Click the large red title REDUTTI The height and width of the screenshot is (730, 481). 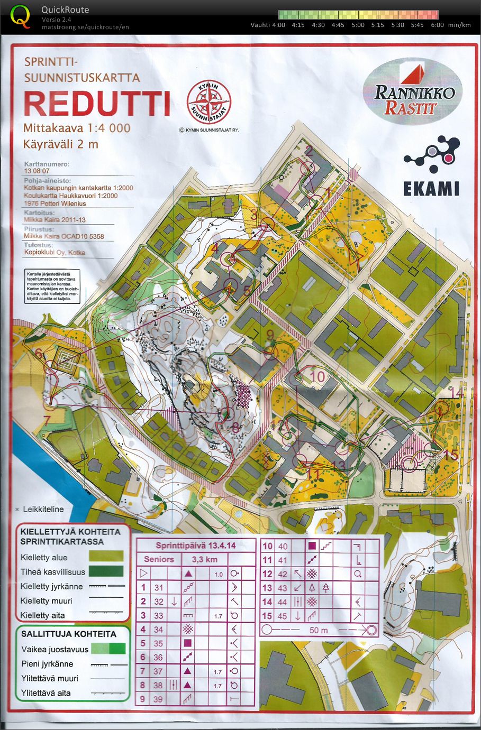click(x=97, y=104)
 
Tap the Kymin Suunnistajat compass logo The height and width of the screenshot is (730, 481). click(x=208, y=101)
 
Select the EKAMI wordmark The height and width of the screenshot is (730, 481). click(x=431, y=189)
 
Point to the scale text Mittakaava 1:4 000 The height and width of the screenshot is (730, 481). click(x=77, y=128)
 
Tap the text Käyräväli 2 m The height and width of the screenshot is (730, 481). click(x=61, y=144)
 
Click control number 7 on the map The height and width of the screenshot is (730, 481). click(x=47, y=421)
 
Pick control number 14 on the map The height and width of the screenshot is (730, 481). click(x=456, y=392)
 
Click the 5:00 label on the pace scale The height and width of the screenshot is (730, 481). click(x=358, y=25)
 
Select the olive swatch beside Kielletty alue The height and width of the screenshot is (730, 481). click(x=106, y=556)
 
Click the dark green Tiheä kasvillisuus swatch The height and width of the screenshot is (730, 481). click(x=106, y=571)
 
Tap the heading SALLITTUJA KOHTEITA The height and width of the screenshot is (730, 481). click(x=68, y=634)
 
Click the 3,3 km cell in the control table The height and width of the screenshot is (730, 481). click(x=204, y=559)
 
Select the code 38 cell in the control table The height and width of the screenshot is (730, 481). click(x=158, y=685)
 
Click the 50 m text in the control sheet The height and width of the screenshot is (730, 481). click(x=319, y=630)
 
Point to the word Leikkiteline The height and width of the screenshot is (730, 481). click(x=43, y=509)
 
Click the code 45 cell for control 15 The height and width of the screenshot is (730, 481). click(x=283, y=616)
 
